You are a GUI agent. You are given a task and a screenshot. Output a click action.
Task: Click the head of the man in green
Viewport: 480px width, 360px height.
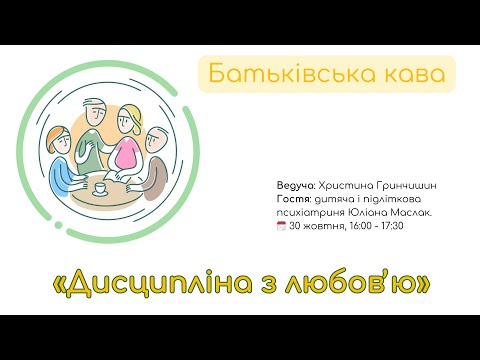pyautogui.click(x=96, y=105)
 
